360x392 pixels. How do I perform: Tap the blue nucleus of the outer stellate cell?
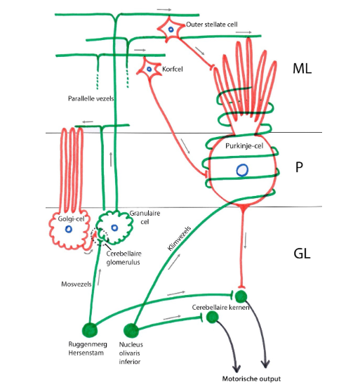tap(170, 29)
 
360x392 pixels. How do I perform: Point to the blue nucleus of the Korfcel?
tap(149, 68)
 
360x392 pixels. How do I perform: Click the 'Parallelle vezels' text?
tap(91, 99)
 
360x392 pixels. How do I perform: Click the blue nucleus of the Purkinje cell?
tap(242, 170)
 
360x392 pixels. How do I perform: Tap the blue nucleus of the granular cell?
tap(113, 226)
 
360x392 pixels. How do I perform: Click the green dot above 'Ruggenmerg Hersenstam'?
tap(90, 329)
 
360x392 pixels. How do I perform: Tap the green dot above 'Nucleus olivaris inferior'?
tap(130, 329)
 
